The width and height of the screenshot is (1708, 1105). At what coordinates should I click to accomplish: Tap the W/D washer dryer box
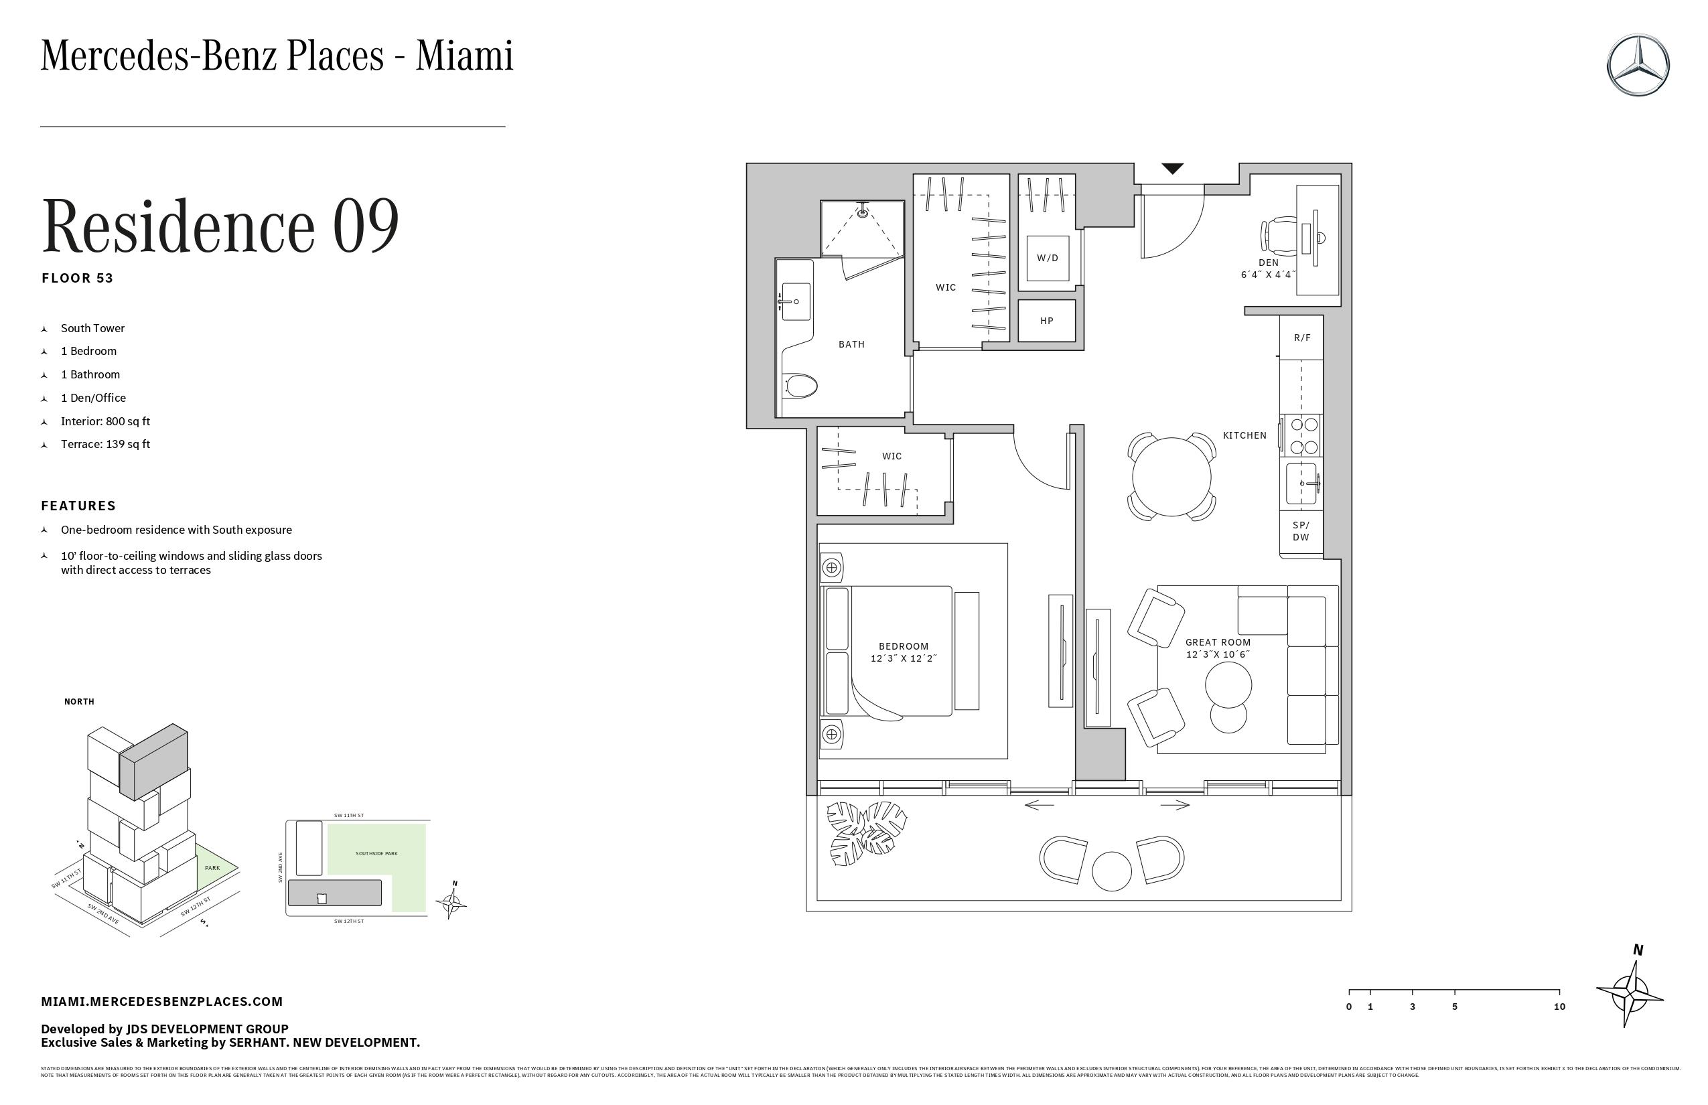pyautogui.click(x=1047, y=259)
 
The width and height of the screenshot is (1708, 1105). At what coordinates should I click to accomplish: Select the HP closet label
pyautogui.click(x=1046, y=321)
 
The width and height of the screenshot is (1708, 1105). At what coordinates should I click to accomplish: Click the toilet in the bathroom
pyautogui.click(x=800, y=386)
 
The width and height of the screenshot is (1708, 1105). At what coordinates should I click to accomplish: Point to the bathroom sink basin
pyautogui.click(x=795, y=301)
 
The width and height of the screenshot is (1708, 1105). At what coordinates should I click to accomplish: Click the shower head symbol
pyautogui.click(x=863, y=212)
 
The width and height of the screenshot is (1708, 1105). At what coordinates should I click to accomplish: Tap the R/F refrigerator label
pyautogui.click(x=1302, y=338)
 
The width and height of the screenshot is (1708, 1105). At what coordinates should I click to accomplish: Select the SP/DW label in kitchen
pyautogui.click(x=1300, y=532)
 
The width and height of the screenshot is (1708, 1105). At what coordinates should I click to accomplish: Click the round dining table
pyautogui.click(x=1171, y=476)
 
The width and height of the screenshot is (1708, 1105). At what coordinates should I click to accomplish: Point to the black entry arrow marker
pyautogui.click(x=1172, y=169)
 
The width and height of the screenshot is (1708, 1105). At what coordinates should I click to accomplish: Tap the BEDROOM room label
pyautogui.click(x=904, y=646)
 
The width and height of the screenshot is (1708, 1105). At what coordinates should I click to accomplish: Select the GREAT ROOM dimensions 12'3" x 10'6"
pyautogui.click(x=1218, y=654)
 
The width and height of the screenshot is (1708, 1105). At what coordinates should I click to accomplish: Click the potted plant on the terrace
pyautogui.click(x=865, y=832)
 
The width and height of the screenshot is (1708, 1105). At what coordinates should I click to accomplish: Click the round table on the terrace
pyautogui.click(x=1111, y=871)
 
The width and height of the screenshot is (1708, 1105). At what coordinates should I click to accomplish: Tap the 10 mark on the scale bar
pyautogui.click(x=1559, y=1007)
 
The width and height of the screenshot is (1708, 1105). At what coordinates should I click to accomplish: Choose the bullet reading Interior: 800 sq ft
pyautogui.click(x=106, y=421)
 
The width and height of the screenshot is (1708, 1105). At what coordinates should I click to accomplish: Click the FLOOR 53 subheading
pyautogui.click(x=78, y=279)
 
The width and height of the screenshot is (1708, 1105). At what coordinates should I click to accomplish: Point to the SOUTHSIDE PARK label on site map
pyautogui.click(x=376, y=854)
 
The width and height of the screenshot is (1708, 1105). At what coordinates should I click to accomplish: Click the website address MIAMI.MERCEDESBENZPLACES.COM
pyautogui.click(x=161, y=1002)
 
